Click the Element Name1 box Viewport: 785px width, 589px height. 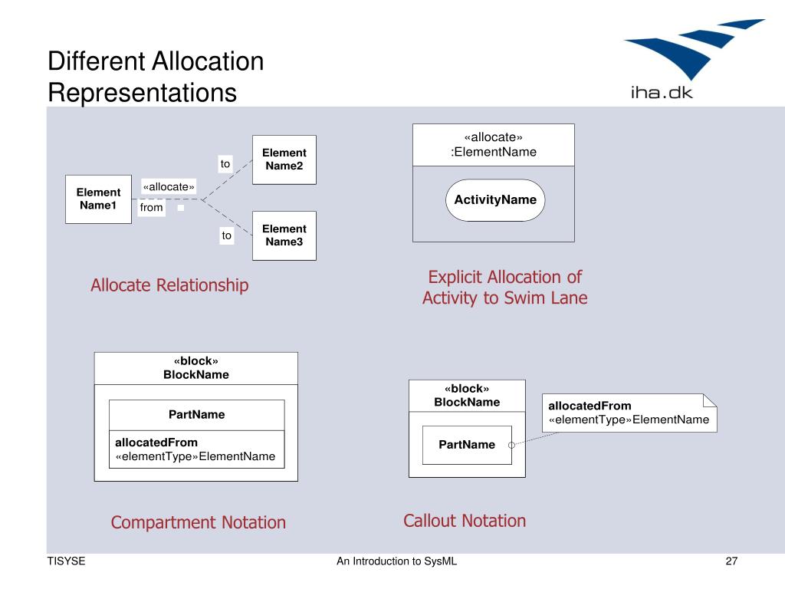coord(99,199)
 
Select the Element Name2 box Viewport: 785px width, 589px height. coord(284,160)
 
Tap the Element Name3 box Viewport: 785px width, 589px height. coord(284,235)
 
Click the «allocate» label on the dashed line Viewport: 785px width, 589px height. coord(168,187)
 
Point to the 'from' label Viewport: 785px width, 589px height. coord(151,207)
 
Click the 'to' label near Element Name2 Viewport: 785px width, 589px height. coord(225,164)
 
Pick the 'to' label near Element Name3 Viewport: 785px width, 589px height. coord(227,235)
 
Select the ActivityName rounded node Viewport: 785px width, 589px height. coord(495,200)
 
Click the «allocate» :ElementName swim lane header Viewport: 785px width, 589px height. coord(494,145)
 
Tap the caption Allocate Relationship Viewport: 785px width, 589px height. coord(169,285)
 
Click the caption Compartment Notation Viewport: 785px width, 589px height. coord(199,522)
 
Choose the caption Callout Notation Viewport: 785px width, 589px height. coord(465,521)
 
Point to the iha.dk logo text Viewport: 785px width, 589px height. coord(662,93)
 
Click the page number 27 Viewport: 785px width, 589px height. coord(731,561)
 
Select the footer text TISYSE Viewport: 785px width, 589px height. coord(66,561)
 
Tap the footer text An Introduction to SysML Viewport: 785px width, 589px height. coord(396,561)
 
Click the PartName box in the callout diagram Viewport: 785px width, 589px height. coord(467,445)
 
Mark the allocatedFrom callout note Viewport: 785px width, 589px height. coord(629,413)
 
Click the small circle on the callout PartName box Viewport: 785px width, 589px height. coord(511,445)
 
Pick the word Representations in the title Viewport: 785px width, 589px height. coord(142,93)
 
